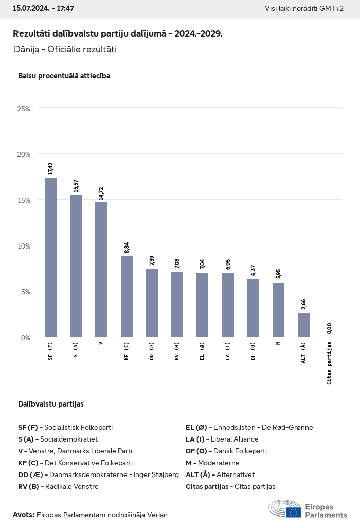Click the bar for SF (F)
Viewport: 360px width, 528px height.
click(50, 257)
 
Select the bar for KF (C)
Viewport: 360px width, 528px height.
click(127, 296)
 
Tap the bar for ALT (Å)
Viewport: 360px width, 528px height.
click(303, 325)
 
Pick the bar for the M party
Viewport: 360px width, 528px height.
click(278, 310)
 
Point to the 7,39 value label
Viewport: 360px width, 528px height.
click(152, 260)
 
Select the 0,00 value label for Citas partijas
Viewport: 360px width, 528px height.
click(329, 328)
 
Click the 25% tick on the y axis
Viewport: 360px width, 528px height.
click(24, 109)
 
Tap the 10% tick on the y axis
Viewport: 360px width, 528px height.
click(24, 245)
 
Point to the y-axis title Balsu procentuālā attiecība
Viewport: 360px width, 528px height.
click(64, 76)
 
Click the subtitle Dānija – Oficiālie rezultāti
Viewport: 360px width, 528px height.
click(65, 50)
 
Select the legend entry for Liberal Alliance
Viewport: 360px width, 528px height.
click(222, 439)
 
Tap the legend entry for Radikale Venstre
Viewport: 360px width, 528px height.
click(58, 486)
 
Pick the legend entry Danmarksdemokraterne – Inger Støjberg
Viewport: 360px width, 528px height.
click(98, 474)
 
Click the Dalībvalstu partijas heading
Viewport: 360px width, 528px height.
click(50, 404)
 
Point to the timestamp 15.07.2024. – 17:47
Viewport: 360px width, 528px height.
click(43, 9)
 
